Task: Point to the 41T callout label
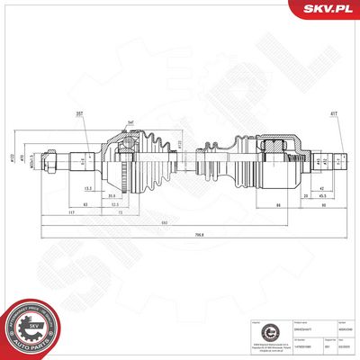[335, 114]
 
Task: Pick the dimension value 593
[188, 221]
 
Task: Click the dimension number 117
[70, 212]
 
